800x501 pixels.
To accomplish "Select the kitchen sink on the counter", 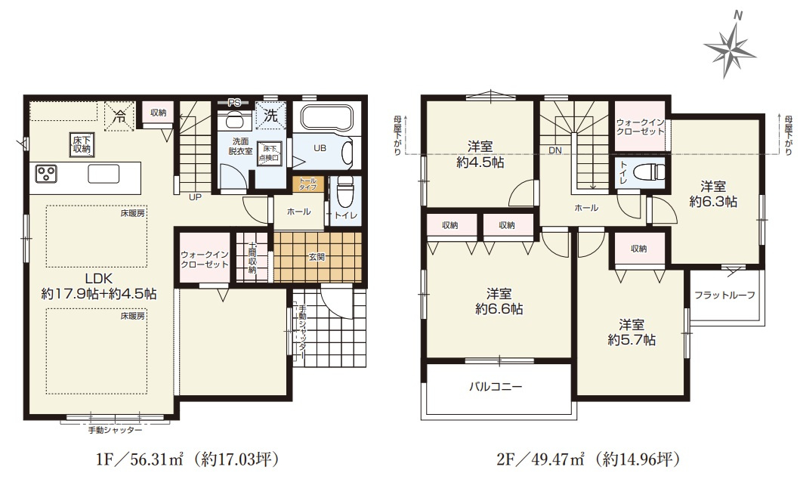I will click(103, 174).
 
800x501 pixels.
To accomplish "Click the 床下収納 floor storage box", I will click(82, 144).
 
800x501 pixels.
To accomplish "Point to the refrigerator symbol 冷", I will click(118, 117).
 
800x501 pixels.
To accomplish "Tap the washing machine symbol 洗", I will click(271, 116).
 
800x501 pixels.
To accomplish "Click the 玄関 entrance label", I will click(316, 257).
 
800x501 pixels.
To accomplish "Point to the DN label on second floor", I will click(555, 150).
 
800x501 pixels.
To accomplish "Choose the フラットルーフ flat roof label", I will click(724, 295).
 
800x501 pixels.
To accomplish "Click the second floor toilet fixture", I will click(645, 171).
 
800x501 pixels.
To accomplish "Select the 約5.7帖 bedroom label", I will click(631, 332).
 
